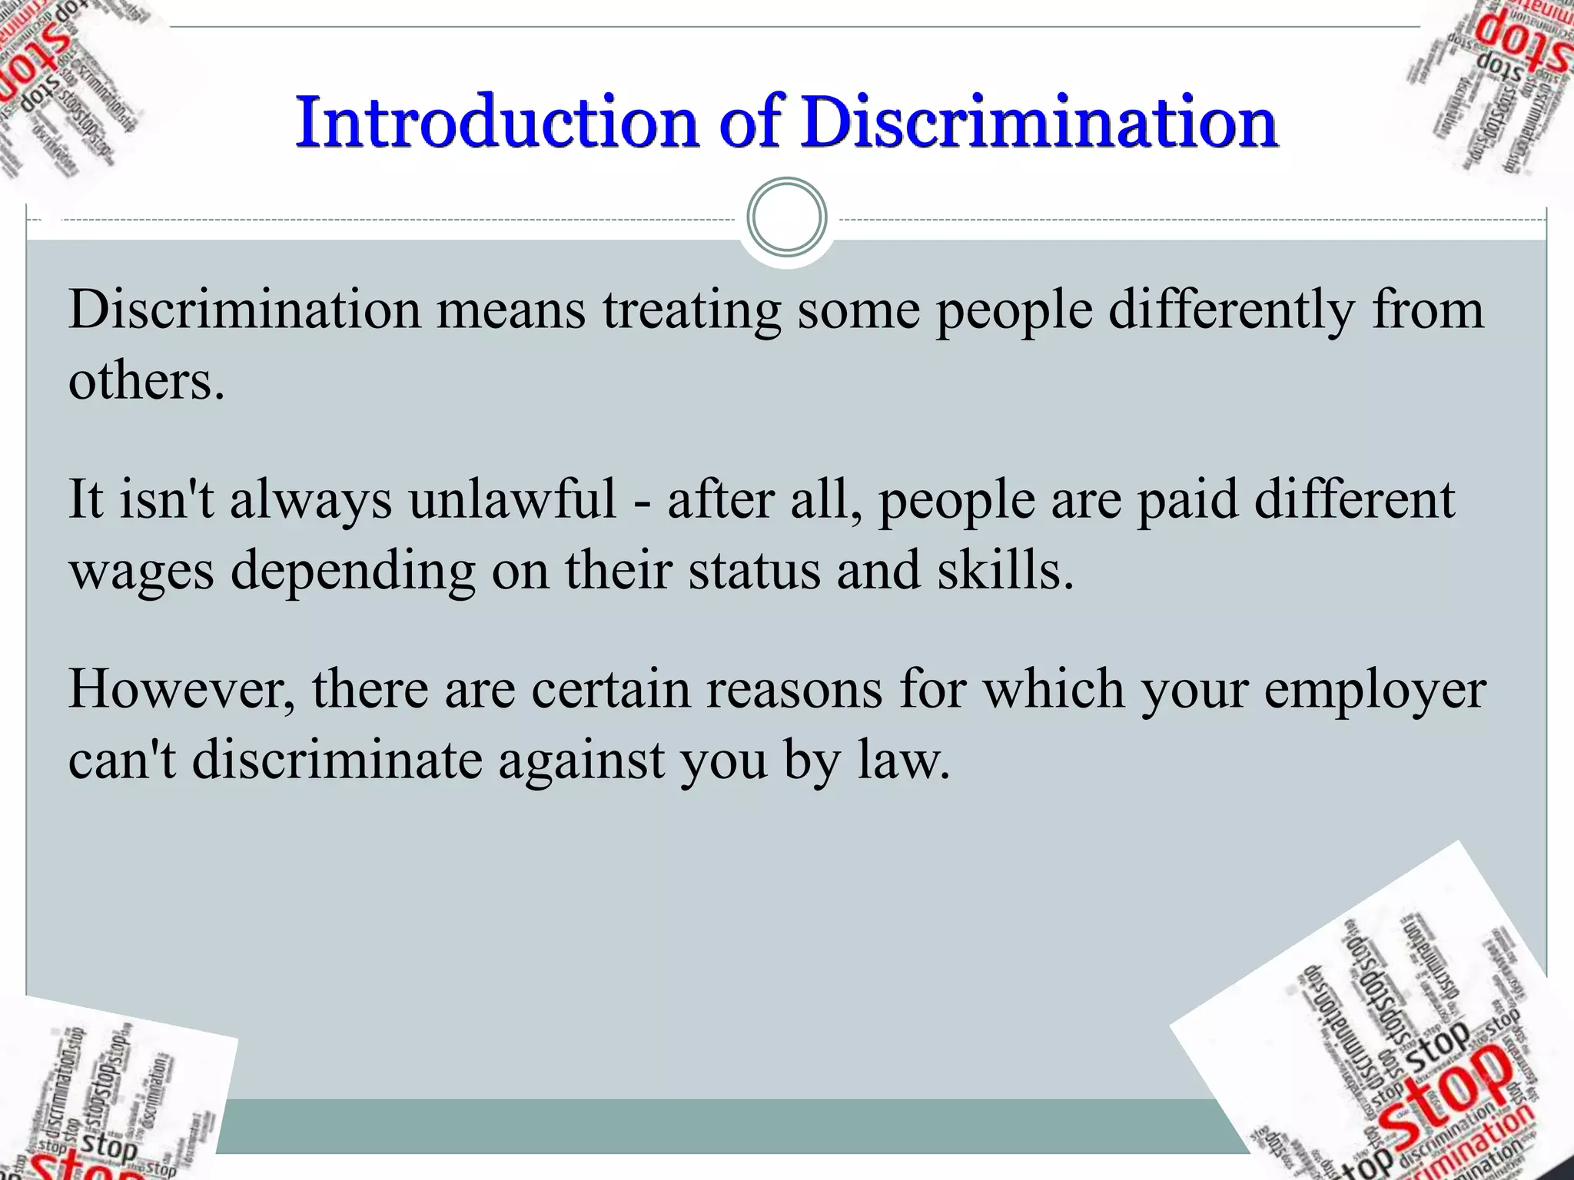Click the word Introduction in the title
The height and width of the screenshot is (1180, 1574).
coord(496,122)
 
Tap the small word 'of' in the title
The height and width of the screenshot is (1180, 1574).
coord(749,122)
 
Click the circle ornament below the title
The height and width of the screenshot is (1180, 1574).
coord(786,217)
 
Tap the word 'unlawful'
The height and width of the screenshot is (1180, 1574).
coord(512,499)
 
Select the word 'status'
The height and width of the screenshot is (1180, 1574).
coord(754,571)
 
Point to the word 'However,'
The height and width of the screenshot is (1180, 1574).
coord(181,689)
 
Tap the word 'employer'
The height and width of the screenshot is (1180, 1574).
coord(1374,689)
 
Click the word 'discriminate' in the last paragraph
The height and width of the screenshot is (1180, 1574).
coord(337,761)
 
